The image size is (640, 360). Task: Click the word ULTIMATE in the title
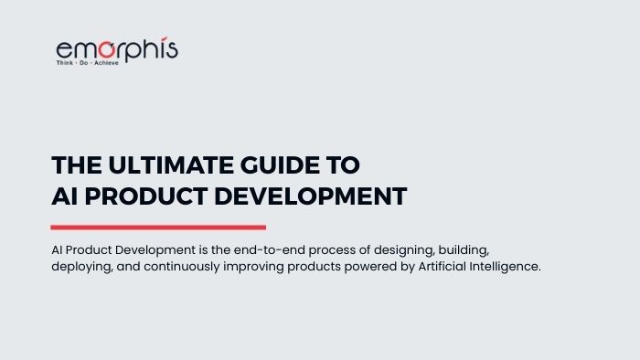tap(155, 165)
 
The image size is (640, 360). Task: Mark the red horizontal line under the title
tap(158, 227)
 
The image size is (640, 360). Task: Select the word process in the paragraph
tap(299, 250)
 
